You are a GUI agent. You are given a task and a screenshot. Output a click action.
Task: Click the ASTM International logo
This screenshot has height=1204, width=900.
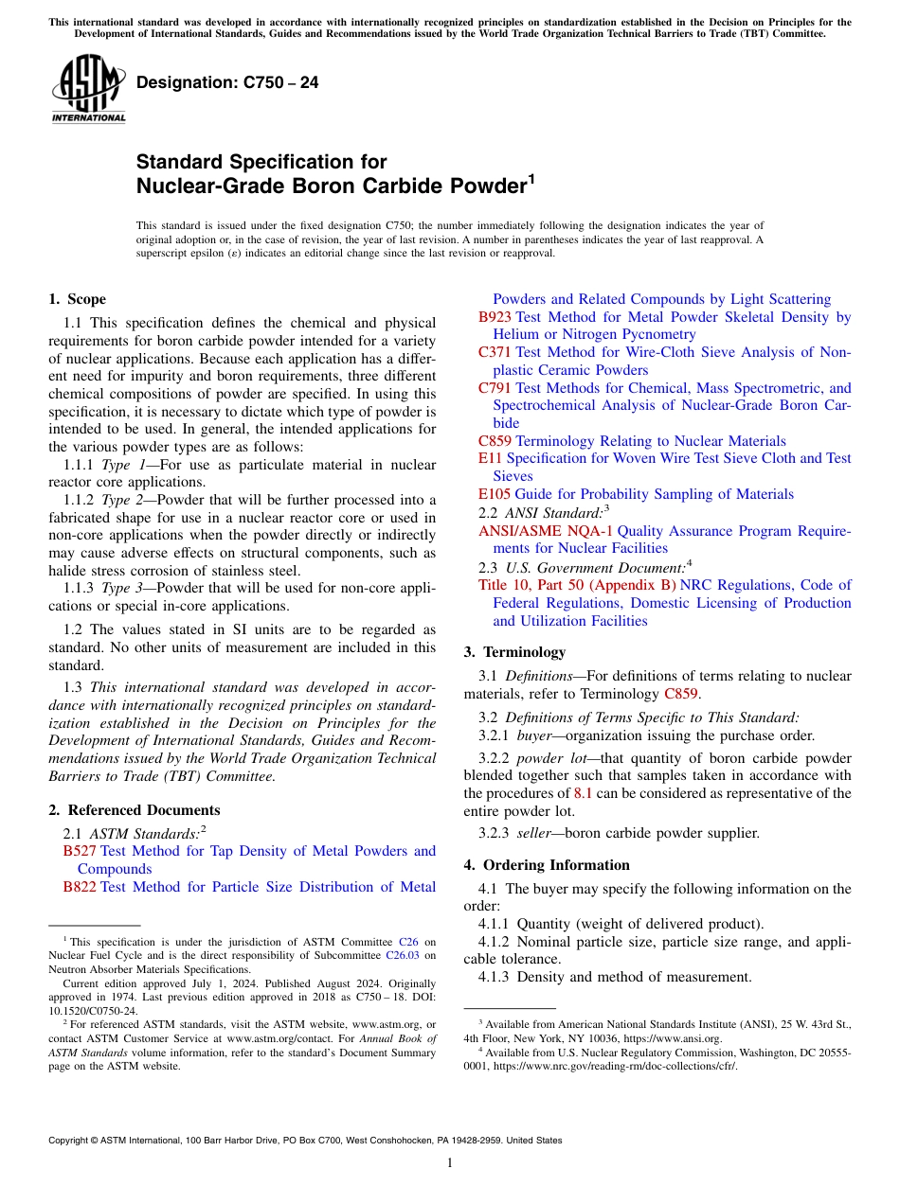click(88, 89)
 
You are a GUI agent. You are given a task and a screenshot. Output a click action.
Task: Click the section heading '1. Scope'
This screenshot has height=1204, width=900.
click(77, 300)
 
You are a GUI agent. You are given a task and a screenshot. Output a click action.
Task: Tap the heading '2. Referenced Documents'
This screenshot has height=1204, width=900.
click(134, 810)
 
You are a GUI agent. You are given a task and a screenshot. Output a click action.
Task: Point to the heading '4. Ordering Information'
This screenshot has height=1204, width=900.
click(547, 865)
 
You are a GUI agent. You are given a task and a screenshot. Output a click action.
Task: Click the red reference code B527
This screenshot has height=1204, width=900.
click(80, 851)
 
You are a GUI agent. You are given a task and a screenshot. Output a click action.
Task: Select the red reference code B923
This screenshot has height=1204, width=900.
click(495, 317)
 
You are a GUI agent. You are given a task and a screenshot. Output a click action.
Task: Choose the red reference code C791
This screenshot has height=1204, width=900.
click(495, 388)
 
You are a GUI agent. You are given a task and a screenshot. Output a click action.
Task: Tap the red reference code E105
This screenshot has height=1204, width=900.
click(494, 494)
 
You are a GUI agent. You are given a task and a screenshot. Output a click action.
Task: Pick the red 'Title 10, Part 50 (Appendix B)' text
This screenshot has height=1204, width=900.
click(577, 585)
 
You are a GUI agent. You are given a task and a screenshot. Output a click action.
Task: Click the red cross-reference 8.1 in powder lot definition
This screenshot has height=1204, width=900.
click(584, 793)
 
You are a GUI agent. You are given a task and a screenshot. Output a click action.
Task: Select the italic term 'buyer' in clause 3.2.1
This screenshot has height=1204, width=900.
click(534, 735)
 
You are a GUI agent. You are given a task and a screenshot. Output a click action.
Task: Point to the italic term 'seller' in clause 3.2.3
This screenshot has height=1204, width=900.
click(534, 833)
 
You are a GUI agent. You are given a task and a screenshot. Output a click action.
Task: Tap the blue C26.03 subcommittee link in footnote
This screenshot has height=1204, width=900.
click(402, 956)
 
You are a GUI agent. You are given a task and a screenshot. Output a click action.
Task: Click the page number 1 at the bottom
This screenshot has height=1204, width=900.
click(450, 1163)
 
